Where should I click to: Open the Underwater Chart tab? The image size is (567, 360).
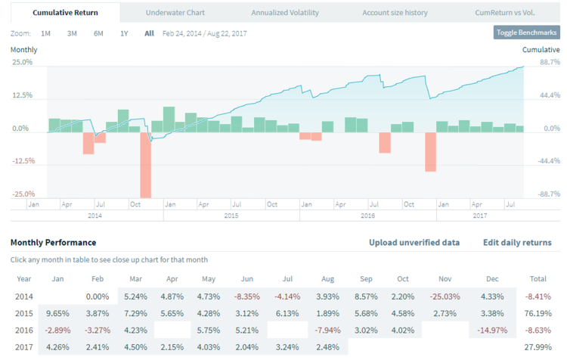[x=175, y=13]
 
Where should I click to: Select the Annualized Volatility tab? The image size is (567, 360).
[x=285, y=13]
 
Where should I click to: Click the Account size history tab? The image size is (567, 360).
[x=395, y=13]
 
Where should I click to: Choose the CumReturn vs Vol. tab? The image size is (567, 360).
[x=505, y=13]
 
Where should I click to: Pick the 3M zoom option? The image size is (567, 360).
[x=72, y=33]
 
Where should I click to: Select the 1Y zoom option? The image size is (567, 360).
[x=124, y=33]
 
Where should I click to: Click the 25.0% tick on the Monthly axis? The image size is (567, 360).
[x=22, y=62]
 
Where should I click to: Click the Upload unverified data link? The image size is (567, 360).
[x=414, y=243]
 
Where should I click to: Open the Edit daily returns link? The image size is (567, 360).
[x=517, y=243]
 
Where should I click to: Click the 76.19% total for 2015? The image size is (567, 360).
[x=538, y=312]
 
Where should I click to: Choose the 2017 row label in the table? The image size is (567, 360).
[x=24, y=347]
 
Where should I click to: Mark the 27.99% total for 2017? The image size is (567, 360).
[x=538, y=347]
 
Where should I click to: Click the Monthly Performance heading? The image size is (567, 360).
[x=53, y=243]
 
